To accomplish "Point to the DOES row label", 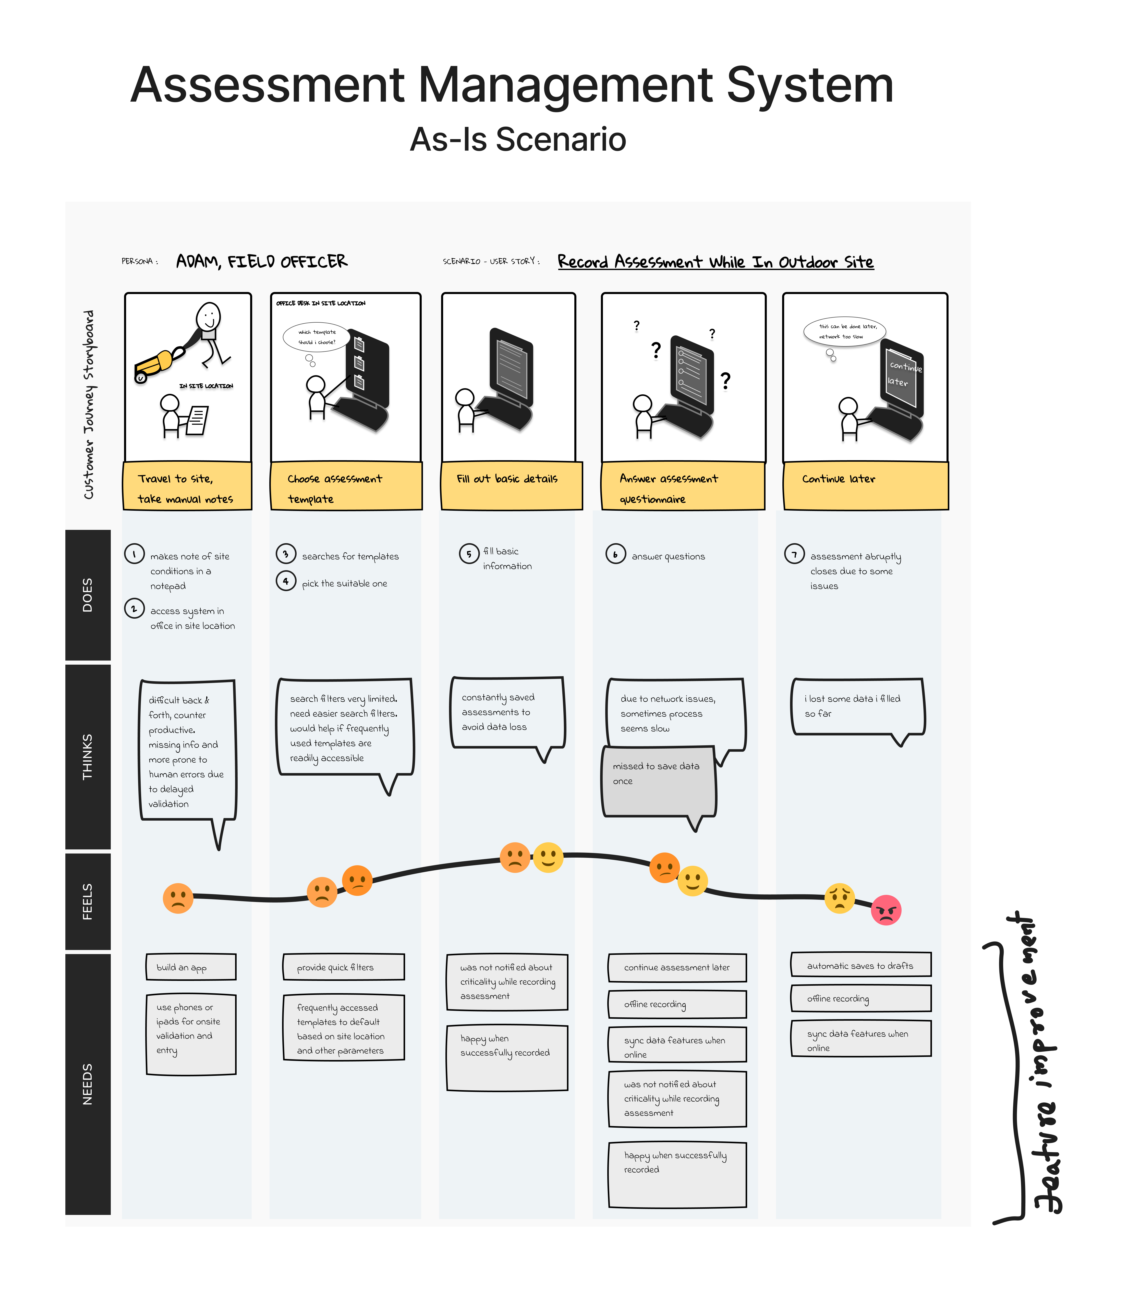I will [88, 595].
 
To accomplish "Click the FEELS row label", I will [88, 901].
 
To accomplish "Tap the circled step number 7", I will [794, 554].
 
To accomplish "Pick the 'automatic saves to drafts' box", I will [860, 965].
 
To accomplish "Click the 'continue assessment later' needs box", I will [677, 967].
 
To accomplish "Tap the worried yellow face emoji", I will [840, 898].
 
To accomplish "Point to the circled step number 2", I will [134, 608].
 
